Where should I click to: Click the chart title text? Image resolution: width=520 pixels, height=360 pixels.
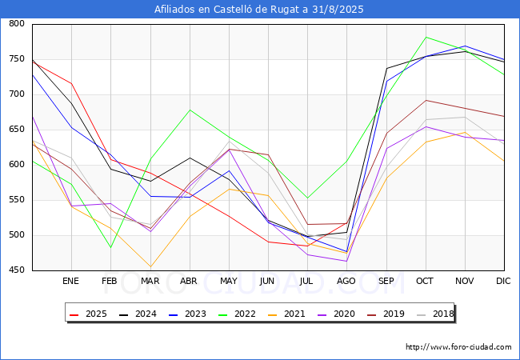click(x=258, y=10)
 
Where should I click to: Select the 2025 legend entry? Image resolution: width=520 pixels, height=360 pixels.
click(x=88, y=314)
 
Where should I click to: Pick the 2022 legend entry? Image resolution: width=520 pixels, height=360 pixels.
click(x=237, y=314)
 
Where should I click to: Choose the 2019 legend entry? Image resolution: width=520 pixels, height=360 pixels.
click(x=386, y=314)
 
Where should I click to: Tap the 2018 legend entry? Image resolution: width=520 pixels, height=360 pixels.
click(x=435, y=314)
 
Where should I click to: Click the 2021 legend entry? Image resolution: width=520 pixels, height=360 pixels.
click(x=286, y=314)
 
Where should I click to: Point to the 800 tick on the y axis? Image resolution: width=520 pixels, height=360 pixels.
click(x=17, y=23)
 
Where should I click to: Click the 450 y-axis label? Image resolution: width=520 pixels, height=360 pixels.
click(x=17, y=270)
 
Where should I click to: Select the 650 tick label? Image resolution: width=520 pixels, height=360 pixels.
click(x=17, y=130)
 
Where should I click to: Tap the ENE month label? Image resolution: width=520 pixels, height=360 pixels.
click(x=70, y=281)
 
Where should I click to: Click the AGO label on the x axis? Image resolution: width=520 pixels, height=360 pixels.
click(x=346, y=281)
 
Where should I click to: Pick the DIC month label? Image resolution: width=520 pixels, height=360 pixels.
click(x=503, y=281)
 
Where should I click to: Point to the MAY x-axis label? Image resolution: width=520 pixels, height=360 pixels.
click(x=229, y=281)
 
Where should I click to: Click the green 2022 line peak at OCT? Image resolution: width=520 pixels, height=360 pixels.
click(x=426, y=37)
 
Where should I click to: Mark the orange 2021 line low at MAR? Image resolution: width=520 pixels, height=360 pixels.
click(x=150, y=266)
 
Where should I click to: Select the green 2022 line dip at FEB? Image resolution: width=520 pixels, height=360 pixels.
click(x=110, y=247)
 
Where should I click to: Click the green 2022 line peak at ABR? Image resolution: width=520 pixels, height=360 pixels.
click(x=190, y=110)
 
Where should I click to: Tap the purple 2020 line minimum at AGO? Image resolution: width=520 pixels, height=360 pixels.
click(x=346, y=262)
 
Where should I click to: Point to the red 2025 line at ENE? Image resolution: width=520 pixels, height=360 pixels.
click(x=72, y=83)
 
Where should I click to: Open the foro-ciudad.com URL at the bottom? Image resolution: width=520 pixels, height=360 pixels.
click(x=458, y=347)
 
